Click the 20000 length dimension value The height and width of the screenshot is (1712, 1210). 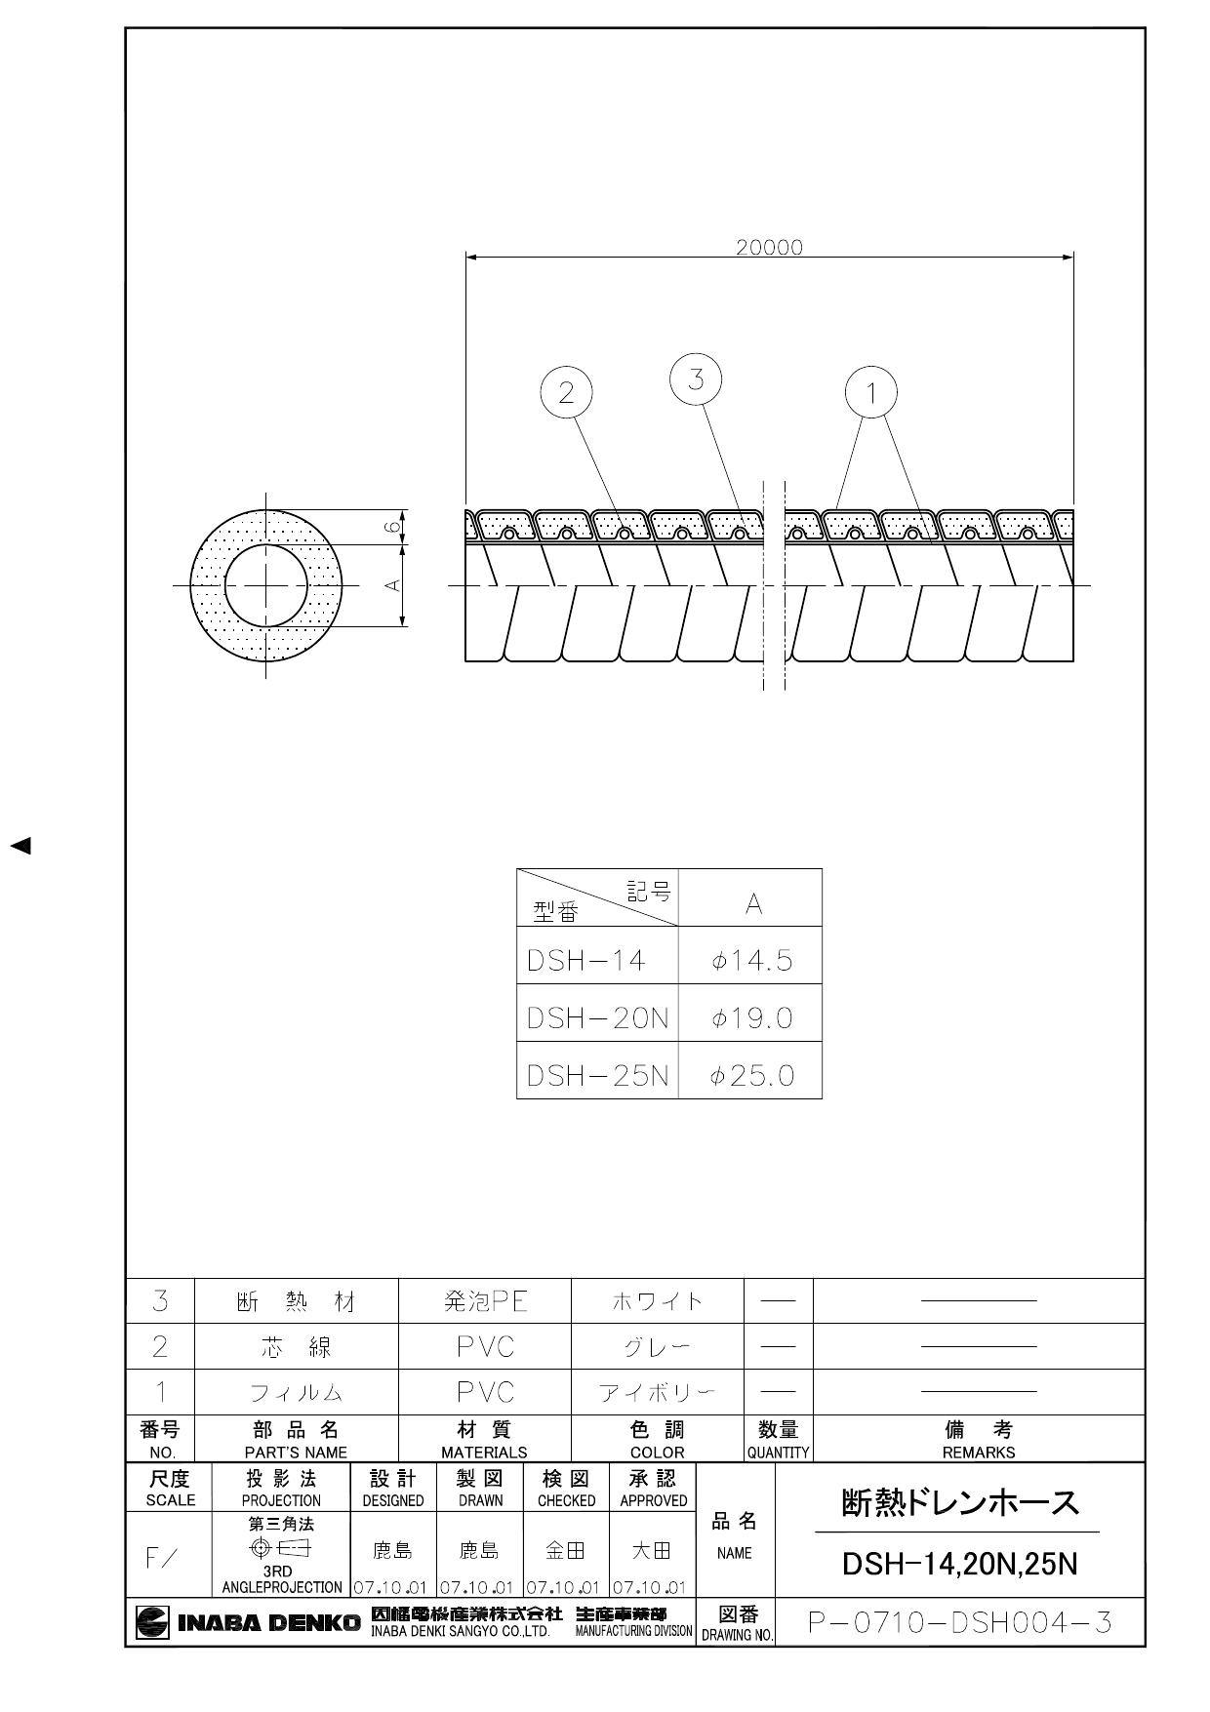tap(769, 248)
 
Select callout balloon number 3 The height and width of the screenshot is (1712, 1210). tap(696, 379)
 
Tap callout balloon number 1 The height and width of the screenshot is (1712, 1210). tap(870, 392)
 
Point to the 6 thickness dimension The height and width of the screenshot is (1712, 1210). tap(391, 527)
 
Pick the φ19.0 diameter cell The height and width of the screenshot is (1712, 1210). tap(751, 1018)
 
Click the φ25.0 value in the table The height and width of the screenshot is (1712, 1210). tap(751, 1076)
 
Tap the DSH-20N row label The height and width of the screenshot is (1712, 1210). tap(597, 1018)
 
